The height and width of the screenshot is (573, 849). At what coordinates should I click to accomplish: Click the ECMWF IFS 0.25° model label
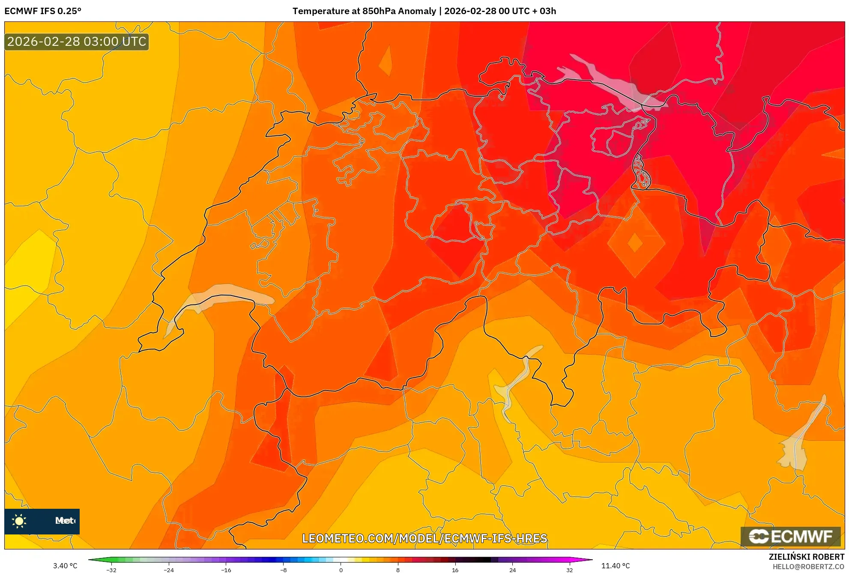pos(43,11)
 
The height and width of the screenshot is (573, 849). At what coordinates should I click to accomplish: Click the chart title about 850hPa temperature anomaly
pos(424,11)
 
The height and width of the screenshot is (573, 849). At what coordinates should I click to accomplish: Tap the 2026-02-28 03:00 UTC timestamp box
pos(77,42)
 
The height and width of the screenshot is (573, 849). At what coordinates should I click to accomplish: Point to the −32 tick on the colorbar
pos(111,570)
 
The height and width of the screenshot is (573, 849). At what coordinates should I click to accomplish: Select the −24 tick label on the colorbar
pos(169,570)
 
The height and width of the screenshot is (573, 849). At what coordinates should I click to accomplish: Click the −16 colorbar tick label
pos(226,570)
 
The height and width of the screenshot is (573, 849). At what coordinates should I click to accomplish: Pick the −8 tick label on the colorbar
pos(284,570)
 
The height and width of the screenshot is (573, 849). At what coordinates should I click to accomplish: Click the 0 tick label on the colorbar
pos(341,570)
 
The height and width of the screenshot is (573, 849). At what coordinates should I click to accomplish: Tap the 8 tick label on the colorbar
pos(398,570)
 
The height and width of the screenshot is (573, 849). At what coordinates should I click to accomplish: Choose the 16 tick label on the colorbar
pos(455,570)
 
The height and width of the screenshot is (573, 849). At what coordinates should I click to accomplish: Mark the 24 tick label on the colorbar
pos(512,570)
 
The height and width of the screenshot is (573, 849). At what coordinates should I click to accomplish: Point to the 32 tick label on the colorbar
pos(569,570)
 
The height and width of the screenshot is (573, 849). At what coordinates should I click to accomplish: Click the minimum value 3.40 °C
pos(65,566)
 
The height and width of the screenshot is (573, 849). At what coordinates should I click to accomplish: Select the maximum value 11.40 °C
pos(616,566)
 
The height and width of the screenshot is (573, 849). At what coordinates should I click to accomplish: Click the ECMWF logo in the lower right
pos(790,536)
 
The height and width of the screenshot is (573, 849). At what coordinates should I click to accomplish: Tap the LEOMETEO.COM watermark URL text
pos(424,538)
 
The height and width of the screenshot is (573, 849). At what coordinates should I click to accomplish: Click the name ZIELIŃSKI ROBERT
pos(807,557)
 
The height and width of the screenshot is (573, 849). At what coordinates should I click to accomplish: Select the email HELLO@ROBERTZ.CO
pos(808,567)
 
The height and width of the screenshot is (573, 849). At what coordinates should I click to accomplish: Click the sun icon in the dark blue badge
pos(19,521)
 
